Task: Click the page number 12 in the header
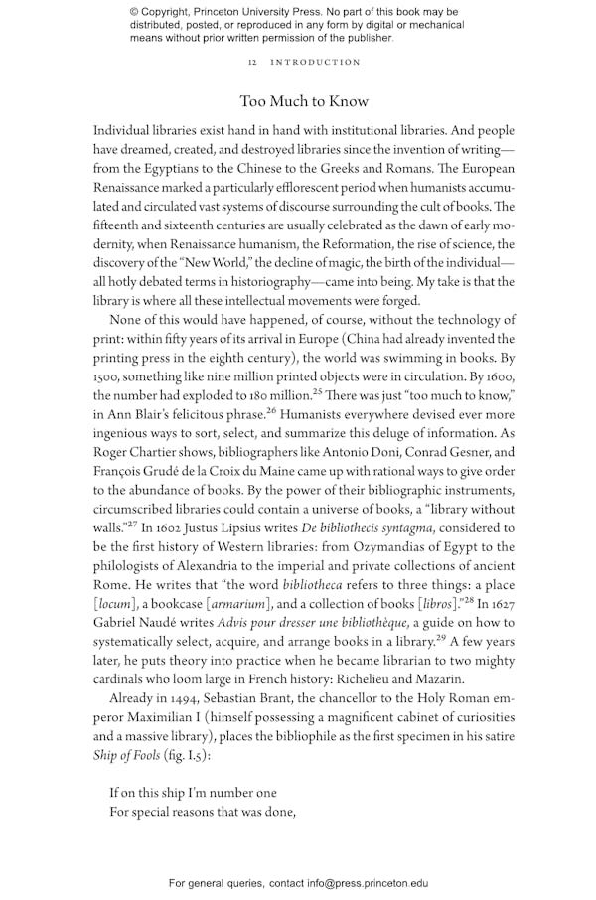[252, 63]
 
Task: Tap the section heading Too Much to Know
[304, 101]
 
